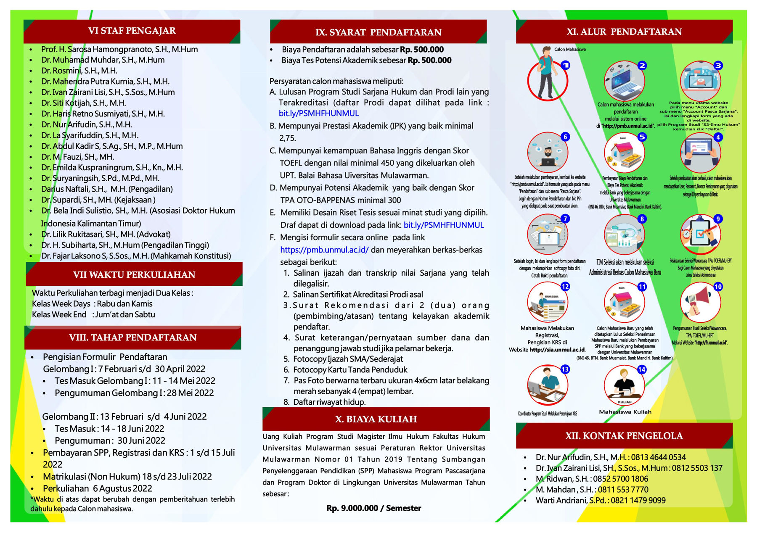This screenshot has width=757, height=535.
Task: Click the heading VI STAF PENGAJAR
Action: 132,31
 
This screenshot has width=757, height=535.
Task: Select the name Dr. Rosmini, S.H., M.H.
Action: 79,71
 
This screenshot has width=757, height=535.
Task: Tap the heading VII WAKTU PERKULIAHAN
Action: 134,275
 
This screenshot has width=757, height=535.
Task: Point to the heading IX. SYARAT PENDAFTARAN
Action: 378,32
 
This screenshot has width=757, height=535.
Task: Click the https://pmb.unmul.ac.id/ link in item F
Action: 324,250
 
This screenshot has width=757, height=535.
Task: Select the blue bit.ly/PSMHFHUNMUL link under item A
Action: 319,113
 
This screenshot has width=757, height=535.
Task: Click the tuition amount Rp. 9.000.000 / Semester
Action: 373,508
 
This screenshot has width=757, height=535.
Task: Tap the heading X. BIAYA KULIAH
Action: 376,419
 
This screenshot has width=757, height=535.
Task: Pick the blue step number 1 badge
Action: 566,65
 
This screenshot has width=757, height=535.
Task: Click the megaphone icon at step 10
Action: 700,302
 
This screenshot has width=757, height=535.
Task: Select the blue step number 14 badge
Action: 642,369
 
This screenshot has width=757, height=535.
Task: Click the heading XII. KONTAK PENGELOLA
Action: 624,436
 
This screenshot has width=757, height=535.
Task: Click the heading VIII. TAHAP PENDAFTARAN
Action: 133,337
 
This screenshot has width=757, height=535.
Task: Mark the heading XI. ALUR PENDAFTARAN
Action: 624,32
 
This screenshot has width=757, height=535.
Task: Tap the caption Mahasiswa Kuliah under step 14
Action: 625,412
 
